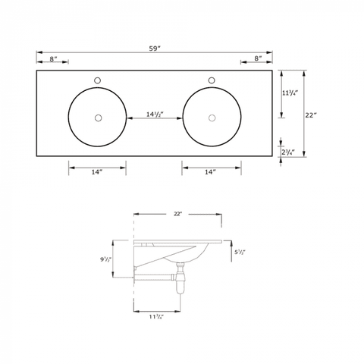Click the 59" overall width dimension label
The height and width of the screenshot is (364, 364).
tap(155, 49)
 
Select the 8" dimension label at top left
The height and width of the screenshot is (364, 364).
tap(53, 59)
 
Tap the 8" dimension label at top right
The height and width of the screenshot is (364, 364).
tap(258, 58)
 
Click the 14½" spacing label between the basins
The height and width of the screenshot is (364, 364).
tap(155, 114)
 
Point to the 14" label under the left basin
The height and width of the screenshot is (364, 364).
tap(97, 172)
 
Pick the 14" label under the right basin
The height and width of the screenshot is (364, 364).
tap(210, 172)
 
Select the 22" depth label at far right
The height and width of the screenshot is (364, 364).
tap(311, 115)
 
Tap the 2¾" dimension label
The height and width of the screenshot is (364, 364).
tap(288, 152)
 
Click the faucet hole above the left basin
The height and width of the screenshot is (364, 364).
tap(97, 80)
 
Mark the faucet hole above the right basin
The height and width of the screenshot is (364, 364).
tap(212, 80)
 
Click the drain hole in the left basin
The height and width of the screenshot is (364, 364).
tap(98, 118)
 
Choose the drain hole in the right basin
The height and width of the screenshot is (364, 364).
tap(212, 118)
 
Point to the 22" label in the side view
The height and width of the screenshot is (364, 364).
tap(178, 214)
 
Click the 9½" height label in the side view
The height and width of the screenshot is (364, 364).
tap(106, 259)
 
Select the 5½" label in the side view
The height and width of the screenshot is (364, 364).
tap(240, 252)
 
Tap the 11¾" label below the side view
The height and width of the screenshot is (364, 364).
tap(156, 317)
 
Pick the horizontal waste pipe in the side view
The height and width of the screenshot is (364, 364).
tap(153, 277)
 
